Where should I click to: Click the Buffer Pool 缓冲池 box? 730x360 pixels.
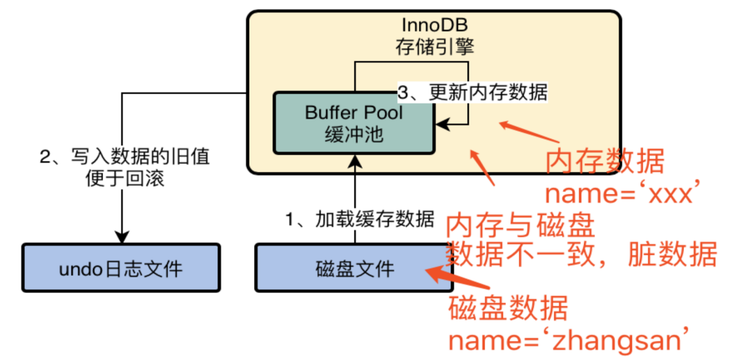coord(353,123)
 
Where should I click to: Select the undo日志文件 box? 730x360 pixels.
coord(121,268)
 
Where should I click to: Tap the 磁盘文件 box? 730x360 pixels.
coord(355,268)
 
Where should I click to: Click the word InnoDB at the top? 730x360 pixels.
coord(434,25)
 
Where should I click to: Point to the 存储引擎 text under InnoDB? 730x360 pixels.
coord(434,46)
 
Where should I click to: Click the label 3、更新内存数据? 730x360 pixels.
coord(473,93)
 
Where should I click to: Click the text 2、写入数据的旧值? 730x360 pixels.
coord(124,157)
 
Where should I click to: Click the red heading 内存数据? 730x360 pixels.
coord(605,162)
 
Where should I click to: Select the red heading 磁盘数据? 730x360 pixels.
coord(508,309)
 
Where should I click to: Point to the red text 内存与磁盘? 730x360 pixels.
coord(520,226)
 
